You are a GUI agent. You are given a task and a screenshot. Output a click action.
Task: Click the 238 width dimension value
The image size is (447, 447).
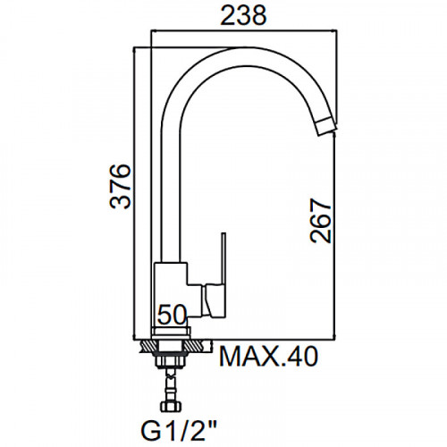pyautogui.click(x=243, y=15)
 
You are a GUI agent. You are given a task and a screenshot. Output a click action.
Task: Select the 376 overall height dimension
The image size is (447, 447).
pyautogui.click(x=121, y=186)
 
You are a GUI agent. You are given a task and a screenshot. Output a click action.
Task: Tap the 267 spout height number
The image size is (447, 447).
pyautogui.click(x=321, y=221)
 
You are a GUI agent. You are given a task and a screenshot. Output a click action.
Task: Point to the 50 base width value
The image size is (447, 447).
pyautogui.click(x=172, y=315)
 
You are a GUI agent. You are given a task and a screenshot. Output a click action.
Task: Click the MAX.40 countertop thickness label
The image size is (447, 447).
pyautogui.click(x=268, y=357)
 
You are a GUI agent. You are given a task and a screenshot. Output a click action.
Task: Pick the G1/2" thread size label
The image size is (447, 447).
pyautogui.click(x=178, y=430)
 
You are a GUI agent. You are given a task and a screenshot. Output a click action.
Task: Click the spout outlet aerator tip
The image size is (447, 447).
pyautogui.click(x=326, y=127)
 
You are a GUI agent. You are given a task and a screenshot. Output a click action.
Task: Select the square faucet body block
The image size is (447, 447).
pyautogui.click(x=171, y=295)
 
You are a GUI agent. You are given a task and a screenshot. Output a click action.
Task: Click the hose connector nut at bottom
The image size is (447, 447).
pyautogui.click(x=171, y=407)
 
